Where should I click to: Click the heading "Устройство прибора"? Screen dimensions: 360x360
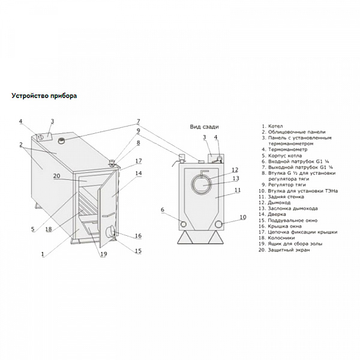click(x=44, y=96)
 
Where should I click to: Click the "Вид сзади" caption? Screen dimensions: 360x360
click(x=204, y=127)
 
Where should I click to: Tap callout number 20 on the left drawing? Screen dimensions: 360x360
click(x=57, y=176)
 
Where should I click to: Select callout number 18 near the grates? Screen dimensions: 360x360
click(x=49, y=229)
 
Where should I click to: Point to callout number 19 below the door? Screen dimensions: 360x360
click(x=104, y=254)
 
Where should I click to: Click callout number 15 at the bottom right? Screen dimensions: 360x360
click(x=138, y=251)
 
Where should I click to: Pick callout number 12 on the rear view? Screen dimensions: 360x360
click(x=235, y=170)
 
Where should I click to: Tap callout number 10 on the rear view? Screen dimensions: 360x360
click(x=243, y=217)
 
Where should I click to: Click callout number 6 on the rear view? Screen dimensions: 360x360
click(x=163, y=209)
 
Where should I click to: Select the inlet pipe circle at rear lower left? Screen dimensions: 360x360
click(x=183, y=224)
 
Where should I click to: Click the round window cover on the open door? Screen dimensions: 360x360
click(x=110, y=232)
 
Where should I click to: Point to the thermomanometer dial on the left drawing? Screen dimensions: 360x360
click(x=40, y=137)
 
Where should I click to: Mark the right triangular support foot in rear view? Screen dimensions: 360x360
click(x=217, y=237)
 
